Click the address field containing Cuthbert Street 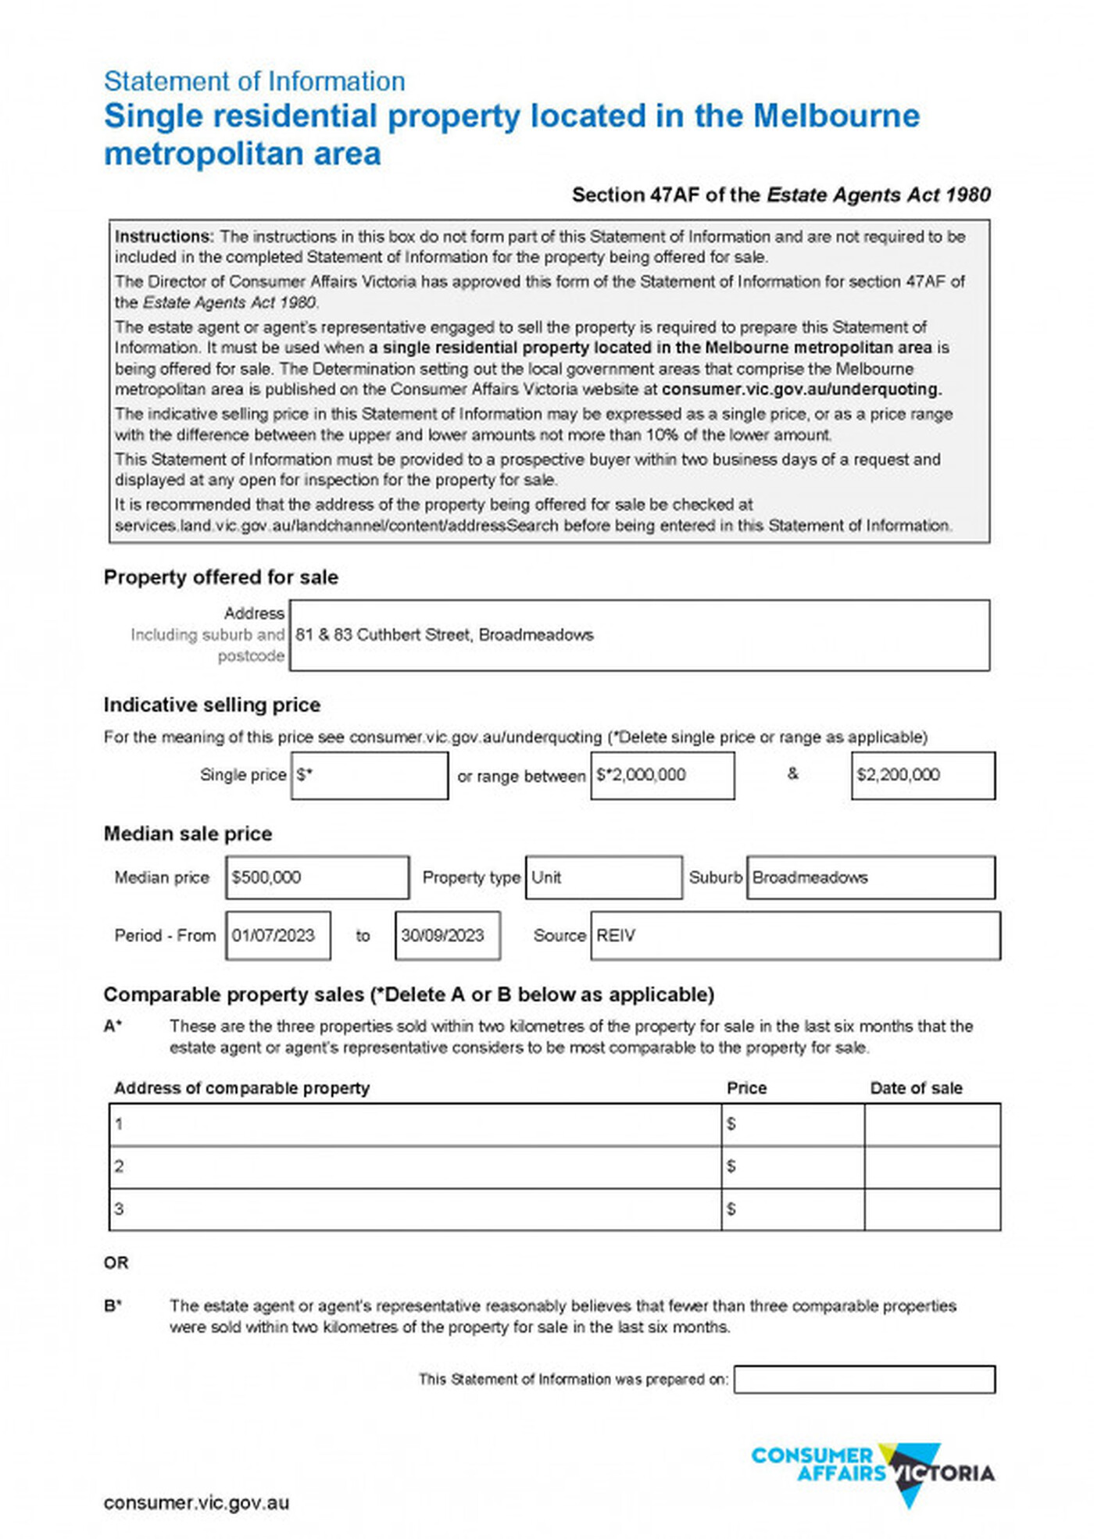point(638,635)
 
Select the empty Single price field point(370,775)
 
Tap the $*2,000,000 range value point(662,775)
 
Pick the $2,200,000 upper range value point(922,775)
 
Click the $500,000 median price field point(316,877)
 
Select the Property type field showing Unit point(603,877)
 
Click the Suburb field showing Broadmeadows point(871,877)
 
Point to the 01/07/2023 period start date point(278,935)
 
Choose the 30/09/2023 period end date point(448,935)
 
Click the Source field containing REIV point(795,935)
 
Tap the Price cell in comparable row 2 point(792,1167)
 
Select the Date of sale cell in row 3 point(932,1209)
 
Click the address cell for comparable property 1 point(415,1125)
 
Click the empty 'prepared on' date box point(864,1379)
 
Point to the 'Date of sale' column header point(916,1088)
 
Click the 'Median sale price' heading point(188,834)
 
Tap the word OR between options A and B point(116,1262)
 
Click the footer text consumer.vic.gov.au point(196,1502)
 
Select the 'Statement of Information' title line point(254,81)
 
